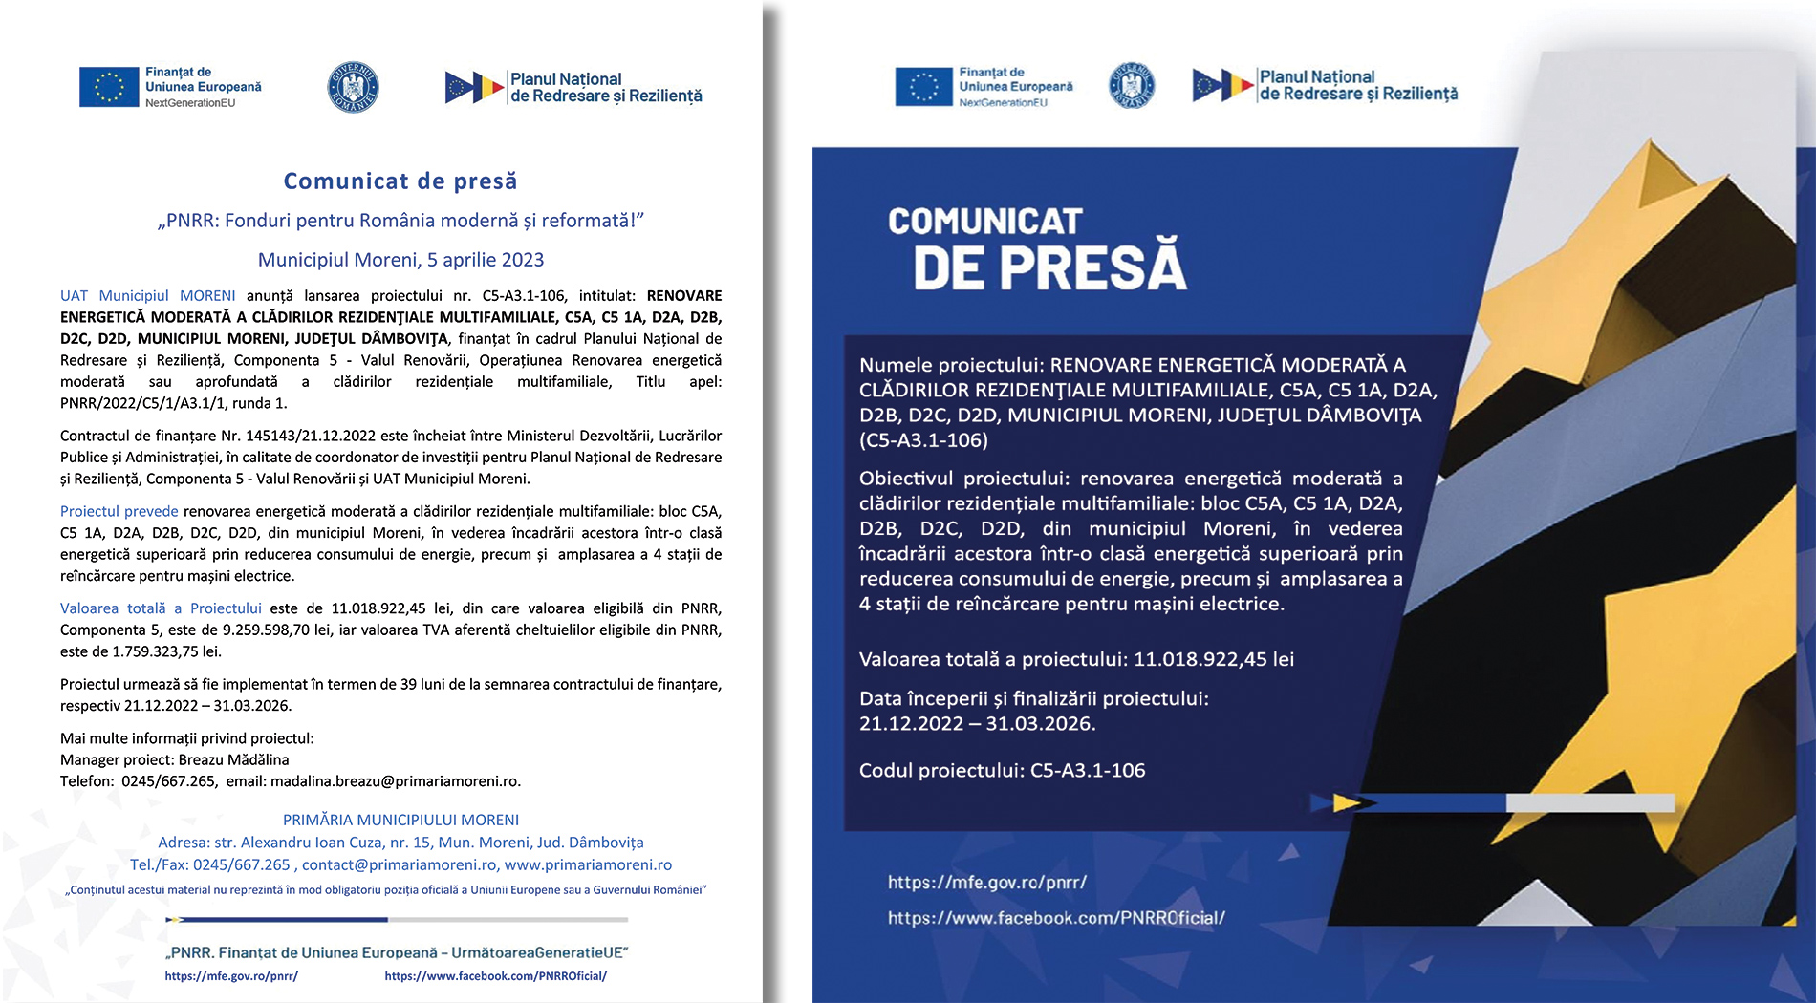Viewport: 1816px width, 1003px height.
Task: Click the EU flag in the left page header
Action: tap(109, 87)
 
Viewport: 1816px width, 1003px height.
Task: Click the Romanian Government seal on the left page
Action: tap(353, 87)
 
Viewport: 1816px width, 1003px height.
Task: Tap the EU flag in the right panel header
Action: tap(923, 86)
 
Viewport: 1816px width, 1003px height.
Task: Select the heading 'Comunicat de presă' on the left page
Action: tap(400, 181)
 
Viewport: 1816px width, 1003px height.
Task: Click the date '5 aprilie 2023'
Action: tap(485, 260)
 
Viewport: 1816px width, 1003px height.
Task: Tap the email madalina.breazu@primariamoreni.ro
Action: tap(395, 780)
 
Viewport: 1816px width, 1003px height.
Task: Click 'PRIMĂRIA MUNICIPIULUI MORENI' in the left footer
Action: tap(400, 820)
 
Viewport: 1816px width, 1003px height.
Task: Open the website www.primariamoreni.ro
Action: tap(588, 864)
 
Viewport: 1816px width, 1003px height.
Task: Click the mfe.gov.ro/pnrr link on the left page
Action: tap(231, 976)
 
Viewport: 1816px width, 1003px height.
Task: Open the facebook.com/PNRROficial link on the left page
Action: tap(495, 976)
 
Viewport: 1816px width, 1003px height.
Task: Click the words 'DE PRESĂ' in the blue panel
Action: tap(1049, 267)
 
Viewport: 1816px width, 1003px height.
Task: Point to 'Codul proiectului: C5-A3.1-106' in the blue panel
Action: tap(1002, 770)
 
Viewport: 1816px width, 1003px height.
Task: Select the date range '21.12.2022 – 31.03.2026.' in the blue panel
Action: tap(977, 724)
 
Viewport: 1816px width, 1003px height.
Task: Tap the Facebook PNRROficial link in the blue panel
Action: tap(1056, 918)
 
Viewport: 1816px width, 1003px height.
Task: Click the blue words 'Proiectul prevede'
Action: tap(119, 511)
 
